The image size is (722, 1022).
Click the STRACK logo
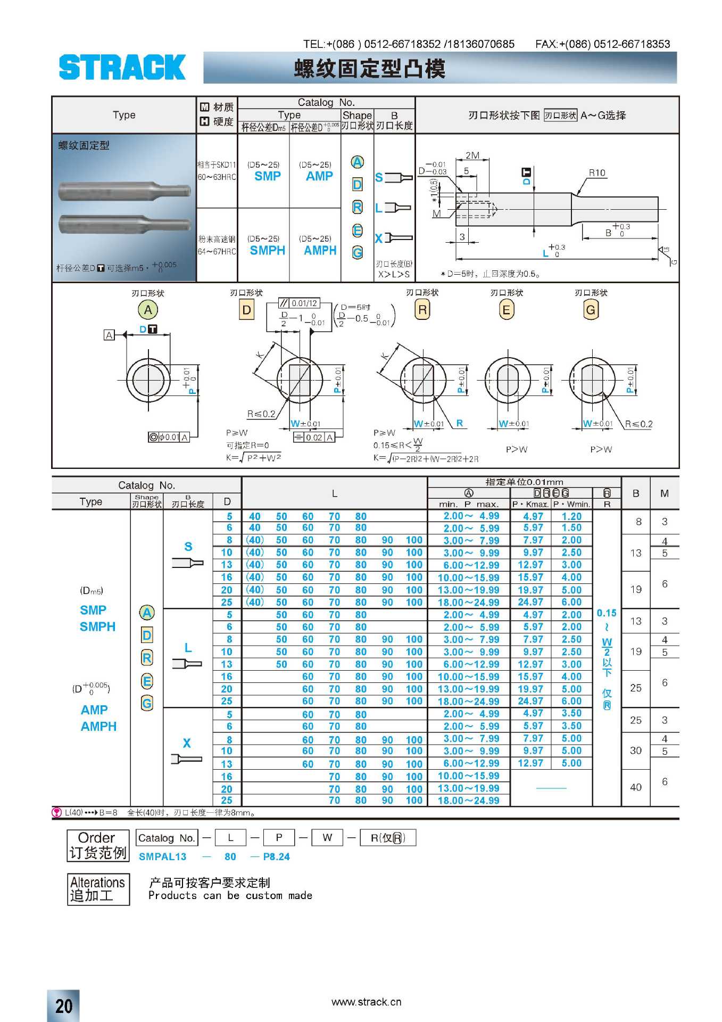[122, 67]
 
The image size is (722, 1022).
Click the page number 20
[64, 1005]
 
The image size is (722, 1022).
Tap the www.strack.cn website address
[366, 1002]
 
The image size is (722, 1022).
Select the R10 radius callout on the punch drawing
[597, 172]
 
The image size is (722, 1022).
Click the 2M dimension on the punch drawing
[472, 155]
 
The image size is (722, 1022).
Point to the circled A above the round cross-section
[148, 310]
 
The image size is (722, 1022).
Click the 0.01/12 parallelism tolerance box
[299, 303]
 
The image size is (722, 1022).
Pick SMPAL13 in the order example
[162, 856]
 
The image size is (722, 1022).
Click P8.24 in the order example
[276, 856]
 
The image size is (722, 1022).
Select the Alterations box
[98, 889]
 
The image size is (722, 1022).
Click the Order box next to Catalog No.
[98, 845]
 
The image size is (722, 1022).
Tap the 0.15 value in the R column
[607, 613]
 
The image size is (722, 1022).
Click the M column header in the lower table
[665, 493]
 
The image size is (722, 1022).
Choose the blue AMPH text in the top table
[320, 250]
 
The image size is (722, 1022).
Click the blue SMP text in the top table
[268, 176]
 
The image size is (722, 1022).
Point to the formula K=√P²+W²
[254, 458]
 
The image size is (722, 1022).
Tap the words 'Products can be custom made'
[230, 895]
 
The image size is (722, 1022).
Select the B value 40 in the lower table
[636, 787]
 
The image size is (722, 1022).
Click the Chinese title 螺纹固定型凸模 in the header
[369, 69]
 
